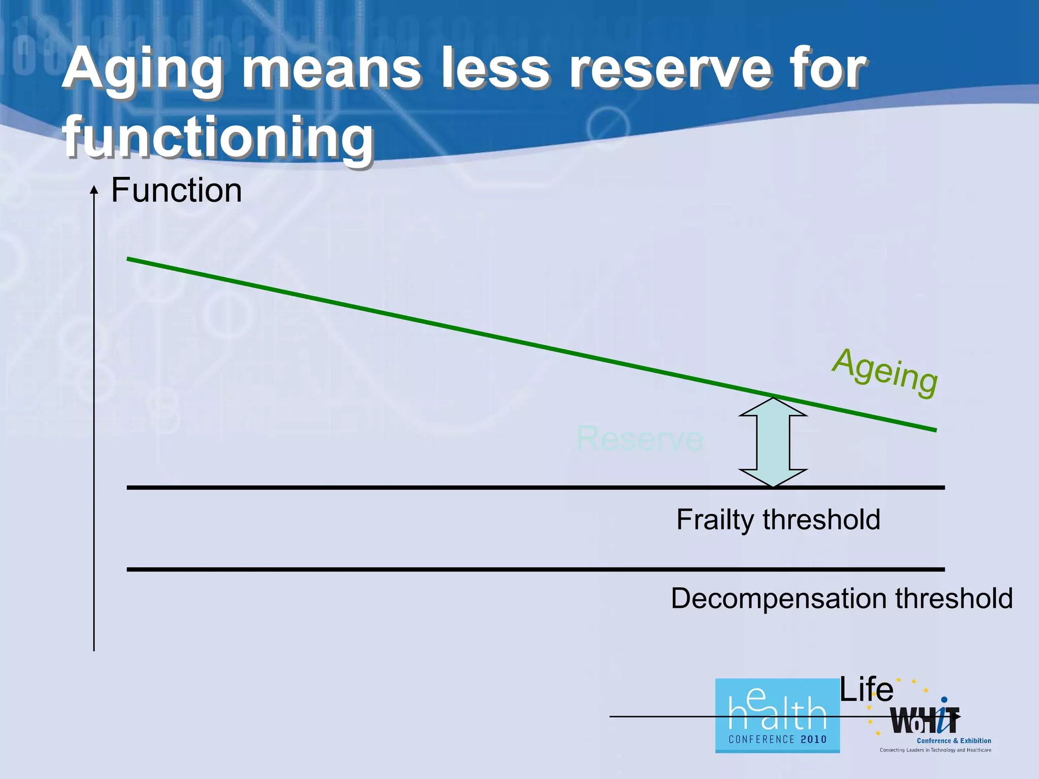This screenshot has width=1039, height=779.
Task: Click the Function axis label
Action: coord(176,191)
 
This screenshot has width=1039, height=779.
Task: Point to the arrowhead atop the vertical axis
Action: coord(94,190)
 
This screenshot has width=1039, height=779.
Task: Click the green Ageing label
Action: coord(885,373)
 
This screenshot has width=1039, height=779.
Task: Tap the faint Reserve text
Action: coord(640,438)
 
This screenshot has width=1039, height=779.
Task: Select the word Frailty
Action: coord(715,519)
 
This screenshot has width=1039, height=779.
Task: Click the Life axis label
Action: coord(866,690)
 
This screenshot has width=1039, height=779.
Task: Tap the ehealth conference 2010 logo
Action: coord(777,716)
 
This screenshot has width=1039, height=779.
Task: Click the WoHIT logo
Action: coord(924,720)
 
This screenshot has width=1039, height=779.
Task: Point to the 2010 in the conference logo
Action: coord(813,739)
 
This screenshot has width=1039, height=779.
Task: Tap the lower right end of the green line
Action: coord(934,430)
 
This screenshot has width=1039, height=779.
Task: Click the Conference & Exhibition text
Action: coord(954,740)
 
